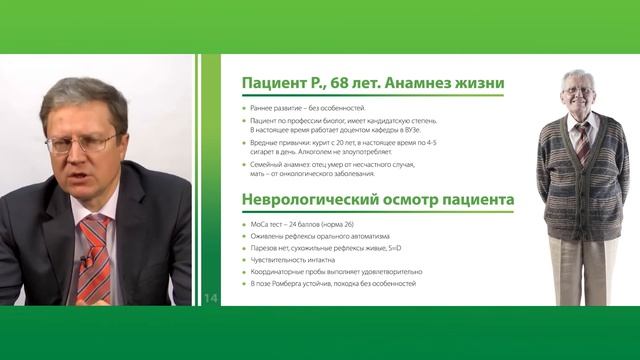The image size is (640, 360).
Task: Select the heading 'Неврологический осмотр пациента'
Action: point(378,200)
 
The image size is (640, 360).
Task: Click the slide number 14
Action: point(210,298)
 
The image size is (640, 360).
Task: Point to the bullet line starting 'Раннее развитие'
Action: point(297,107)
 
